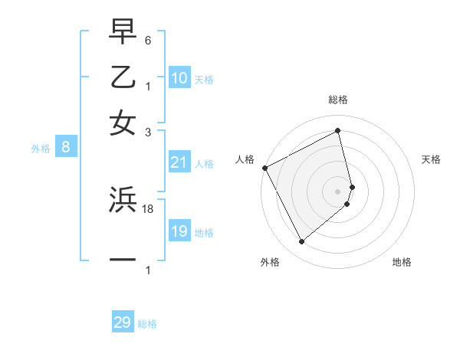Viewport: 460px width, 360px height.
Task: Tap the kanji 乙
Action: click(123, 77)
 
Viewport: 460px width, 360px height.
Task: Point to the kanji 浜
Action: click(123, 200)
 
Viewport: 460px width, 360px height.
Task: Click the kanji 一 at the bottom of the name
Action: click(123, 259)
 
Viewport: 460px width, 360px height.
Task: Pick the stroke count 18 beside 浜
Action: click(149, 208)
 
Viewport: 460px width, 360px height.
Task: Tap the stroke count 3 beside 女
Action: click(149, 131)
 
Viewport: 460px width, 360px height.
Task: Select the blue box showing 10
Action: click(179, 78)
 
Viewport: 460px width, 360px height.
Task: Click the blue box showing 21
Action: click(179, 162)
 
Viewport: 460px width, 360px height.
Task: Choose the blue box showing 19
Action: click(179, 231)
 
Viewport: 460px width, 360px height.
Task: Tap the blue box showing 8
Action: click(66, 148)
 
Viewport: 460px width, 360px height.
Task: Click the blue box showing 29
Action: click(123, 322)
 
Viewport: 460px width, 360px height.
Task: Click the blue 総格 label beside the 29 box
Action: click(147, 324)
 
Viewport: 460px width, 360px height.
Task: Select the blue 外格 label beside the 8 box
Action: click(41, 149)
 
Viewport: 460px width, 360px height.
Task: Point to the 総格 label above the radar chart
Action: click(338, 100)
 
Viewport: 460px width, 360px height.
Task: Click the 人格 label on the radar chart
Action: click(245, 159)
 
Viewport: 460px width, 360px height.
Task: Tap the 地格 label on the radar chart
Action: click(402, 262)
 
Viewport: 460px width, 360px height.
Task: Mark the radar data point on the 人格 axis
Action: click(264, 168)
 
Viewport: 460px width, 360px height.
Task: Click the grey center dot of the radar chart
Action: click(337, 191)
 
